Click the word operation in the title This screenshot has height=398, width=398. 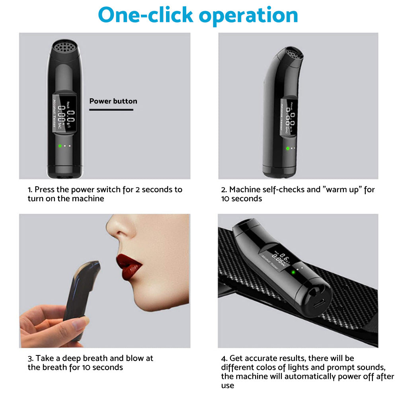coord(248,16)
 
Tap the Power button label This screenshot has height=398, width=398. coord(113,101)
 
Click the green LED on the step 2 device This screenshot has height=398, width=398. coord(287,148)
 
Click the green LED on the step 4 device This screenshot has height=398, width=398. coord(293,273)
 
